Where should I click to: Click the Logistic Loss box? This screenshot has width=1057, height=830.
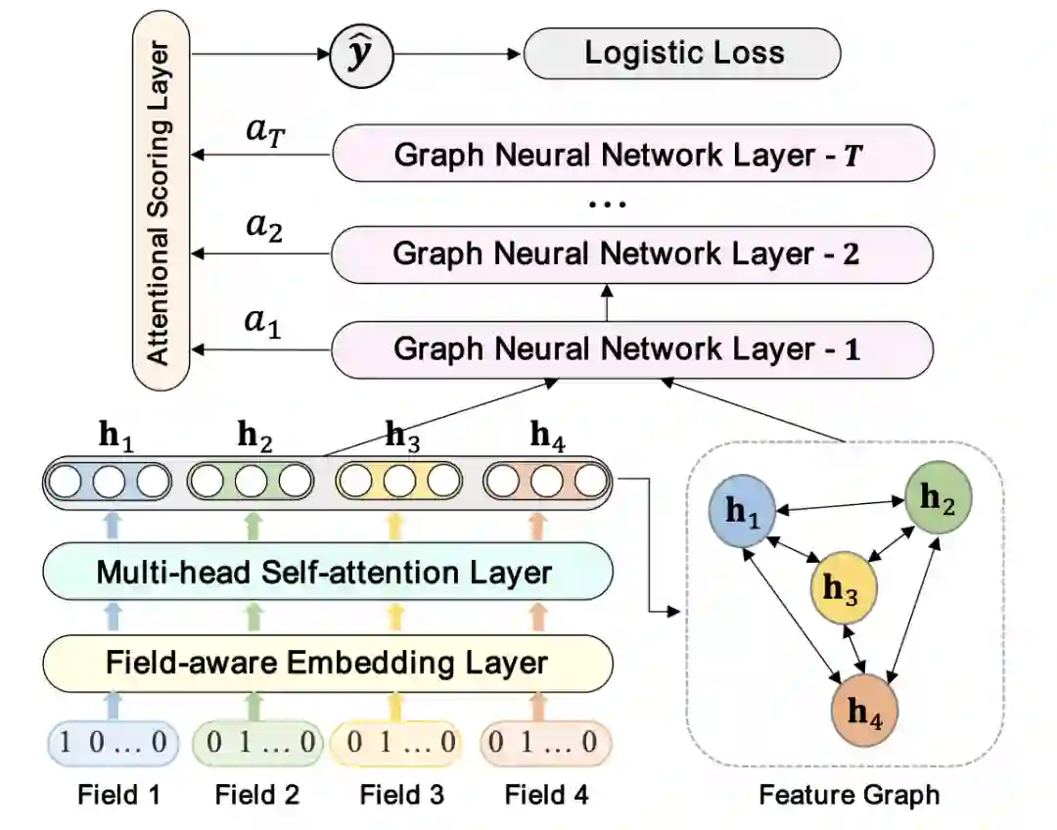click(682, 53)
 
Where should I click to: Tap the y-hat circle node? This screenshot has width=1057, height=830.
click(361, 55)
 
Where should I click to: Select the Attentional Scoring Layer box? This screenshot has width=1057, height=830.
click(161, 201)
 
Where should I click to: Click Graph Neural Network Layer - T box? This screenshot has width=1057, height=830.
click(633, 154)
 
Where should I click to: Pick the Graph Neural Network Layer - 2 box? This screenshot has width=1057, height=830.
click(632, 254)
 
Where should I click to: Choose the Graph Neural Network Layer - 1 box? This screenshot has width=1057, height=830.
click(632, 349)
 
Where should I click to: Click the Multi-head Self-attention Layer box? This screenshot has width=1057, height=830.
click(328, 572)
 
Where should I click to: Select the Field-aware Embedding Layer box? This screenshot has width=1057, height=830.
click(328, 663)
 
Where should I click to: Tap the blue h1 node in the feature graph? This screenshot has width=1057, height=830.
click(742, 511)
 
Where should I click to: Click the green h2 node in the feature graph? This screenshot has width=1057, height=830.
click(938, 497)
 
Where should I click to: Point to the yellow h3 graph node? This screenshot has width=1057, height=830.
click(844, 588)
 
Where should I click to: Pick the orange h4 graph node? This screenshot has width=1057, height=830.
click(865, 710)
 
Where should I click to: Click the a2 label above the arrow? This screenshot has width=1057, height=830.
click(264, 226)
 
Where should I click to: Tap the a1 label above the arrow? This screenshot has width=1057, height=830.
click(263, 322)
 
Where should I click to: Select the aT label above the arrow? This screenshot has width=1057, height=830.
click(265, 130)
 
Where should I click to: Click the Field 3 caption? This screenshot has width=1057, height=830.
click(402, 795)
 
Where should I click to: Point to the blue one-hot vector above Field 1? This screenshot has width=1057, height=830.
click(114, 742)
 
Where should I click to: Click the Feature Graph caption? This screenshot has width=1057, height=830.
click(850, 795)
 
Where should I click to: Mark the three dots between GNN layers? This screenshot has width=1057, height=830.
click(608, 204)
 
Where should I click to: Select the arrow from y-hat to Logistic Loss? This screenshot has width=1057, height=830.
click(458, 55)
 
